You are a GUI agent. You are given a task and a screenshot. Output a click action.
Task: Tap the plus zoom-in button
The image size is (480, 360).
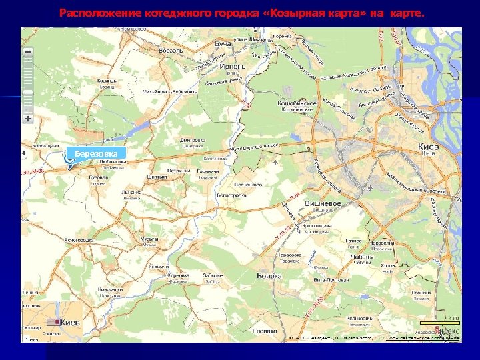pyautogui.click(x=27, y=118)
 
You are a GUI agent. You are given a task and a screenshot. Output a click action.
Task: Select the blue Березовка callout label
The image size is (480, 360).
pyautogui.click(x=97, y=154)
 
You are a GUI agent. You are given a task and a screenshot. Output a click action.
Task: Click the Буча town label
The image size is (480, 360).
pyautogui.click(x=223, y=43)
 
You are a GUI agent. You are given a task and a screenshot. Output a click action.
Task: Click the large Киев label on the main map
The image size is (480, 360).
pyautogui.click(x=428, y=146)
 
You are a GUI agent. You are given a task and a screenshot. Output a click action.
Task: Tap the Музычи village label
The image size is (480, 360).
pyautogui.click(x=149, y=240)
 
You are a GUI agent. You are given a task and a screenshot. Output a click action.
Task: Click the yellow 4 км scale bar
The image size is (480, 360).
pyautogui.click(x=439, y=323)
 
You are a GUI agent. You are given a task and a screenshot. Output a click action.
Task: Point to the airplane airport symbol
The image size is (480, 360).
pyautogui.click(x=276, y=161)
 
